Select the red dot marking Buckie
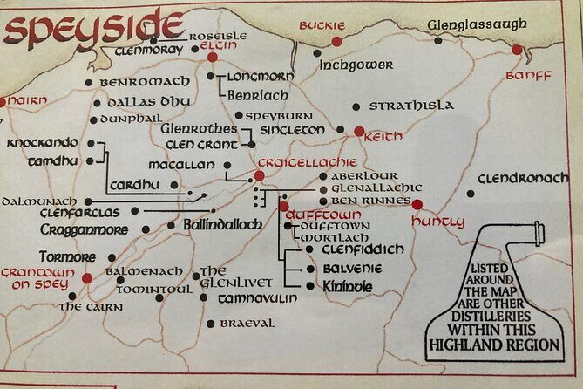pos(337,41)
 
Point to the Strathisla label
pos(410,106)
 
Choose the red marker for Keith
pos(359,132)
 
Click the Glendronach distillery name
pos(523,178)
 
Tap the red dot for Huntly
pos(417,205)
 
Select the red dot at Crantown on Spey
pos(87,278)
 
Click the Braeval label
pos(247,324)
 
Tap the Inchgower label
pos(356,65)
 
